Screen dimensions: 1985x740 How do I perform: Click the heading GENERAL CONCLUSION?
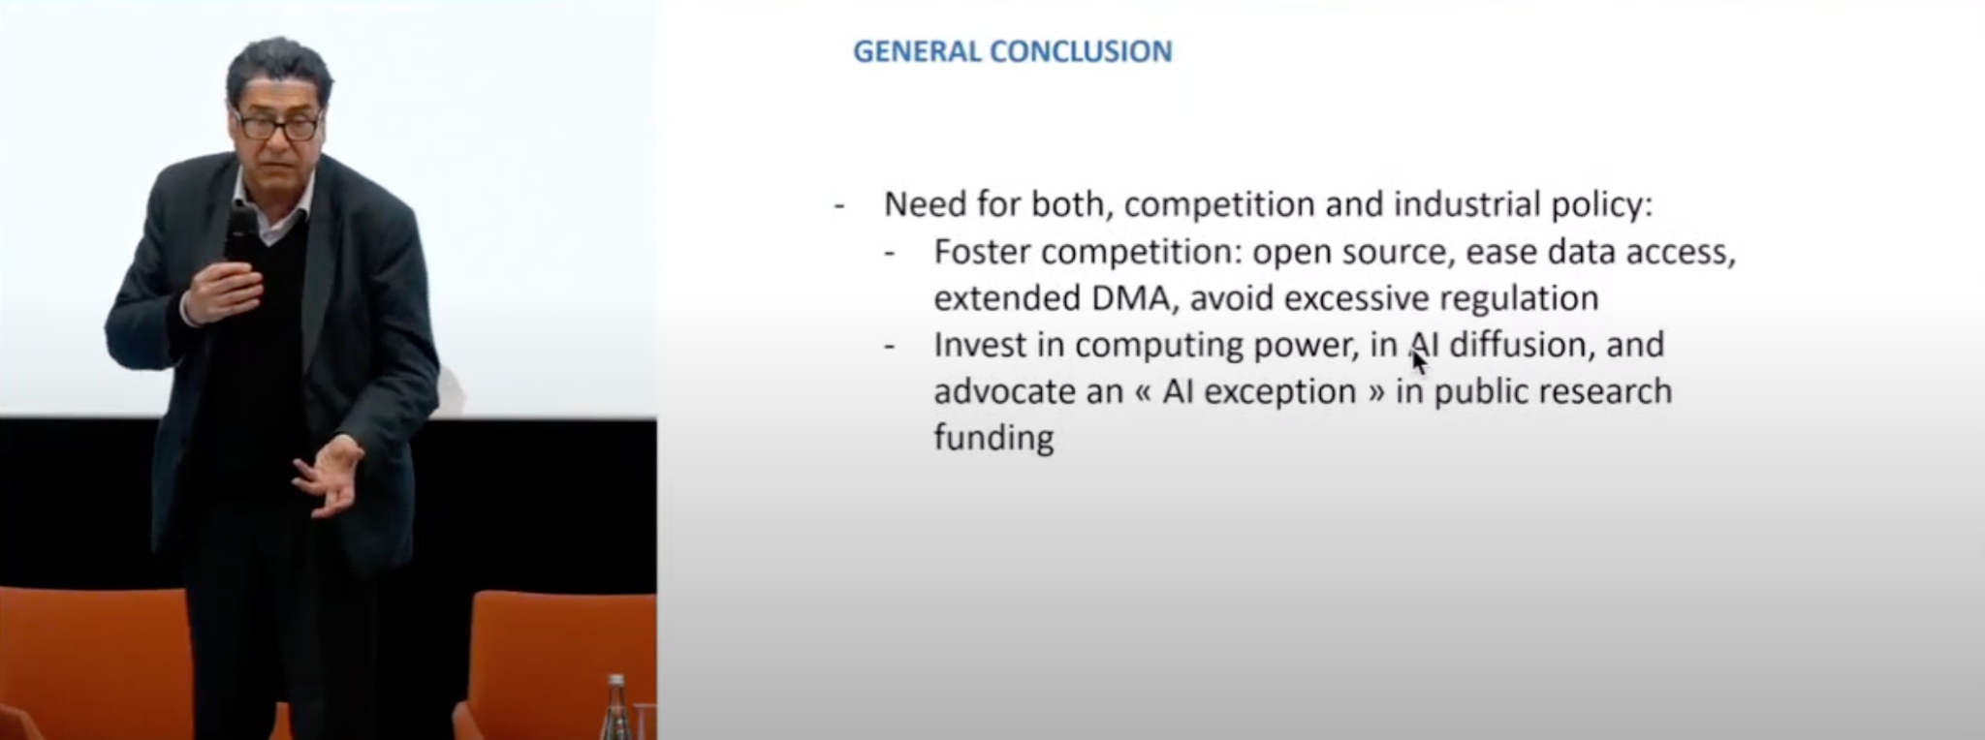[x=1012, y=50]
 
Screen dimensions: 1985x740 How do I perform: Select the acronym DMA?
[x=1134, y=298]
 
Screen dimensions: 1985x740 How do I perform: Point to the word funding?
[x=993, y=438]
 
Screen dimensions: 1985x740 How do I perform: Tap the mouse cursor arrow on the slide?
[x=1419, y=361]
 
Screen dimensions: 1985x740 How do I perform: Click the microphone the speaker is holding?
[x=240, y=236]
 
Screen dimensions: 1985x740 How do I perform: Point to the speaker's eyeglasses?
[x=276, y=125]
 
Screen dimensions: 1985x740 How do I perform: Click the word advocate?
[x=1000, y=392]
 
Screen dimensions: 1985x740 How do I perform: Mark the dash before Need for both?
[x=839, y=206]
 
